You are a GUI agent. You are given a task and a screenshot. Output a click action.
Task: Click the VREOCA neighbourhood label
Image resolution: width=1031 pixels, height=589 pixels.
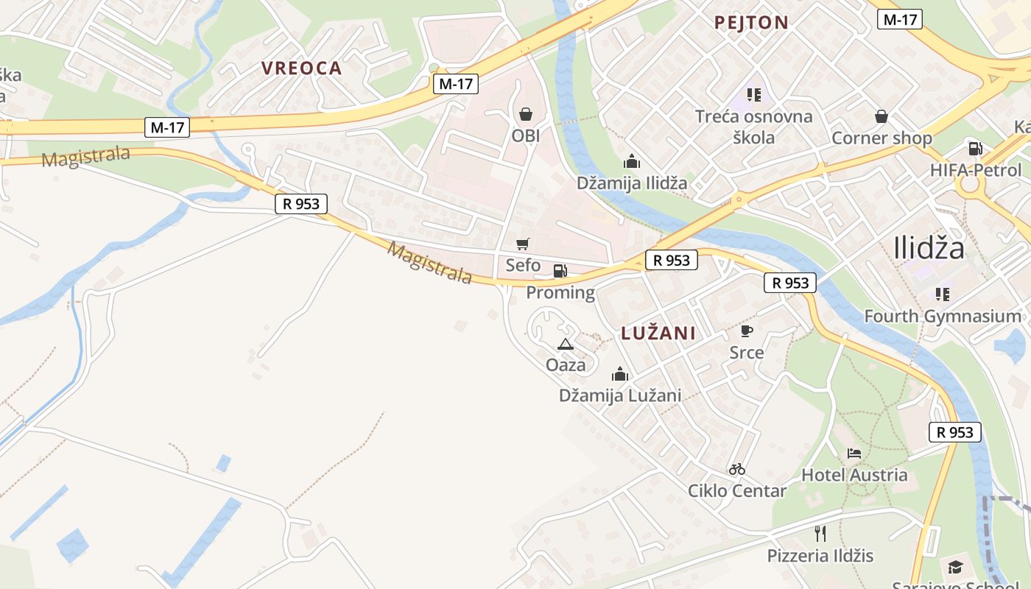[x=302, y=68]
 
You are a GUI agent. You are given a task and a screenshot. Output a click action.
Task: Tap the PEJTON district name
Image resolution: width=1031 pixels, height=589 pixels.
[x=751, y=23]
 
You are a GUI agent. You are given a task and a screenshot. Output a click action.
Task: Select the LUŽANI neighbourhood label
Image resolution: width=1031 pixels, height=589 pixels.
[x=658, y=333]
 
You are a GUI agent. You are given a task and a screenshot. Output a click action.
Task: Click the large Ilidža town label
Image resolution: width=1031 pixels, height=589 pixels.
[x=929, y=248]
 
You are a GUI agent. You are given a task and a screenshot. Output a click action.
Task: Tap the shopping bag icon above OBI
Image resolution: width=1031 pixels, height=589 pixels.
[x=526, y=114]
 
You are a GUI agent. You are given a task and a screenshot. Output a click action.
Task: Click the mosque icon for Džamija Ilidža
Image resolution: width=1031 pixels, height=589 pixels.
[x=631, y=161]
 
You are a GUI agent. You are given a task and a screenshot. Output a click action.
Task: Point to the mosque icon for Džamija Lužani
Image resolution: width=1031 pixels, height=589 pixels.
[x=620, y=374]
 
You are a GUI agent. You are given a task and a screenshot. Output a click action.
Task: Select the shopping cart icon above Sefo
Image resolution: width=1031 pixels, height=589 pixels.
[x=523, y=244]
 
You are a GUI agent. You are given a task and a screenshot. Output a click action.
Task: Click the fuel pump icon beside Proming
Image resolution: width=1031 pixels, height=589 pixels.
[x=560, y=271]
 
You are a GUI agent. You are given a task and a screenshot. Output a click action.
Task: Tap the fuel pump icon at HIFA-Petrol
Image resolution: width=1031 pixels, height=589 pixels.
[x=976, y=149]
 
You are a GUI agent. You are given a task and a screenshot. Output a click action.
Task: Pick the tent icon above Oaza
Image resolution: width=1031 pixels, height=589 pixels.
[x=566, y=343]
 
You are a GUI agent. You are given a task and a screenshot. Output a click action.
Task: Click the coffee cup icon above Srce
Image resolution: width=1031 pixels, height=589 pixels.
[x=747, y=331]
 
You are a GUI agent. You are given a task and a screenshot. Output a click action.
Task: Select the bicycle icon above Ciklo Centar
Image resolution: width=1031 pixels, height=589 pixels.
[x=737, y=469]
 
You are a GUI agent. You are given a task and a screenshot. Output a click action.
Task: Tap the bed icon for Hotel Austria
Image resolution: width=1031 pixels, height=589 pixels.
[x=854, y=453]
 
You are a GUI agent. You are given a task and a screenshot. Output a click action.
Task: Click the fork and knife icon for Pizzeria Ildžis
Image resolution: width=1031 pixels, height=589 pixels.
[x=820, y=533]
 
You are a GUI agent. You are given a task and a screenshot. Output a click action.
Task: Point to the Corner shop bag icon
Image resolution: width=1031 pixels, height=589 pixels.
[x=881, y=116]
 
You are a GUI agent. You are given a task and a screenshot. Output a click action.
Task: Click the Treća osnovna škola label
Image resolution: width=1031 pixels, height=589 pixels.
[x=754, y=127]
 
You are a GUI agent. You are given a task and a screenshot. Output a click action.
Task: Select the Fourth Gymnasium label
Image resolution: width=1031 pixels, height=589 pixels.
[x=943, y=317]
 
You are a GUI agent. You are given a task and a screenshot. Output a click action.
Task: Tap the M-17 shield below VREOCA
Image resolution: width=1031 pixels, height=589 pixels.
[x=456, y=84]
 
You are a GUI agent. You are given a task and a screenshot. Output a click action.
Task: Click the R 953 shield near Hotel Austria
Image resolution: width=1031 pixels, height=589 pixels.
[x=955, y=432]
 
